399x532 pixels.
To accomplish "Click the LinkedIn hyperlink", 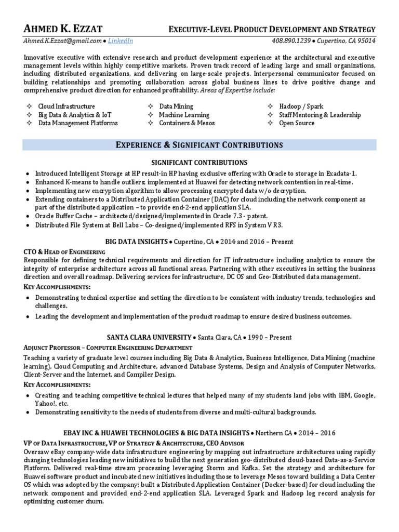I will point(121,41).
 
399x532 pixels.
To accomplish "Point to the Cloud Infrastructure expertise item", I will point(66,107).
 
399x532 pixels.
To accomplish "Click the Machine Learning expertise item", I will point(184,115).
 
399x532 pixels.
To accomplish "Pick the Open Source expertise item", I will point(297,123).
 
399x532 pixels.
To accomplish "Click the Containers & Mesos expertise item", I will point(187,123).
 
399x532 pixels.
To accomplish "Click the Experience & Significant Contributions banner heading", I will point(199,144).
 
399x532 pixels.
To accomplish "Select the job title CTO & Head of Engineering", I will point(64,251).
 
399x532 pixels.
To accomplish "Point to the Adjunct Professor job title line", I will point(108,347).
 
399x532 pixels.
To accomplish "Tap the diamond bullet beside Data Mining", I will point(150,107).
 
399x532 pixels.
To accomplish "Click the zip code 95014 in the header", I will point(366,41).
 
